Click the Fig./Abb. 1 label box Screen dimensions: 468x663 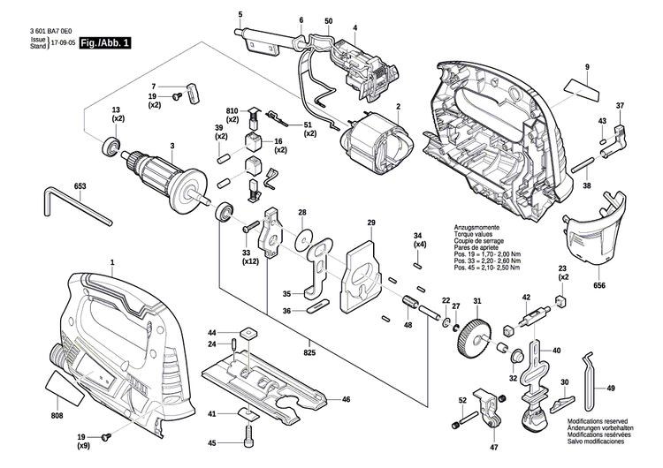coord(103,42)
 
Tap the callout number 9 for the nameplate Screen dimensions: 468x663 coord(586,68)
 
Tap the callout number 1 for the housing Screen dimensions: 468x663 coord(112,264)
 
